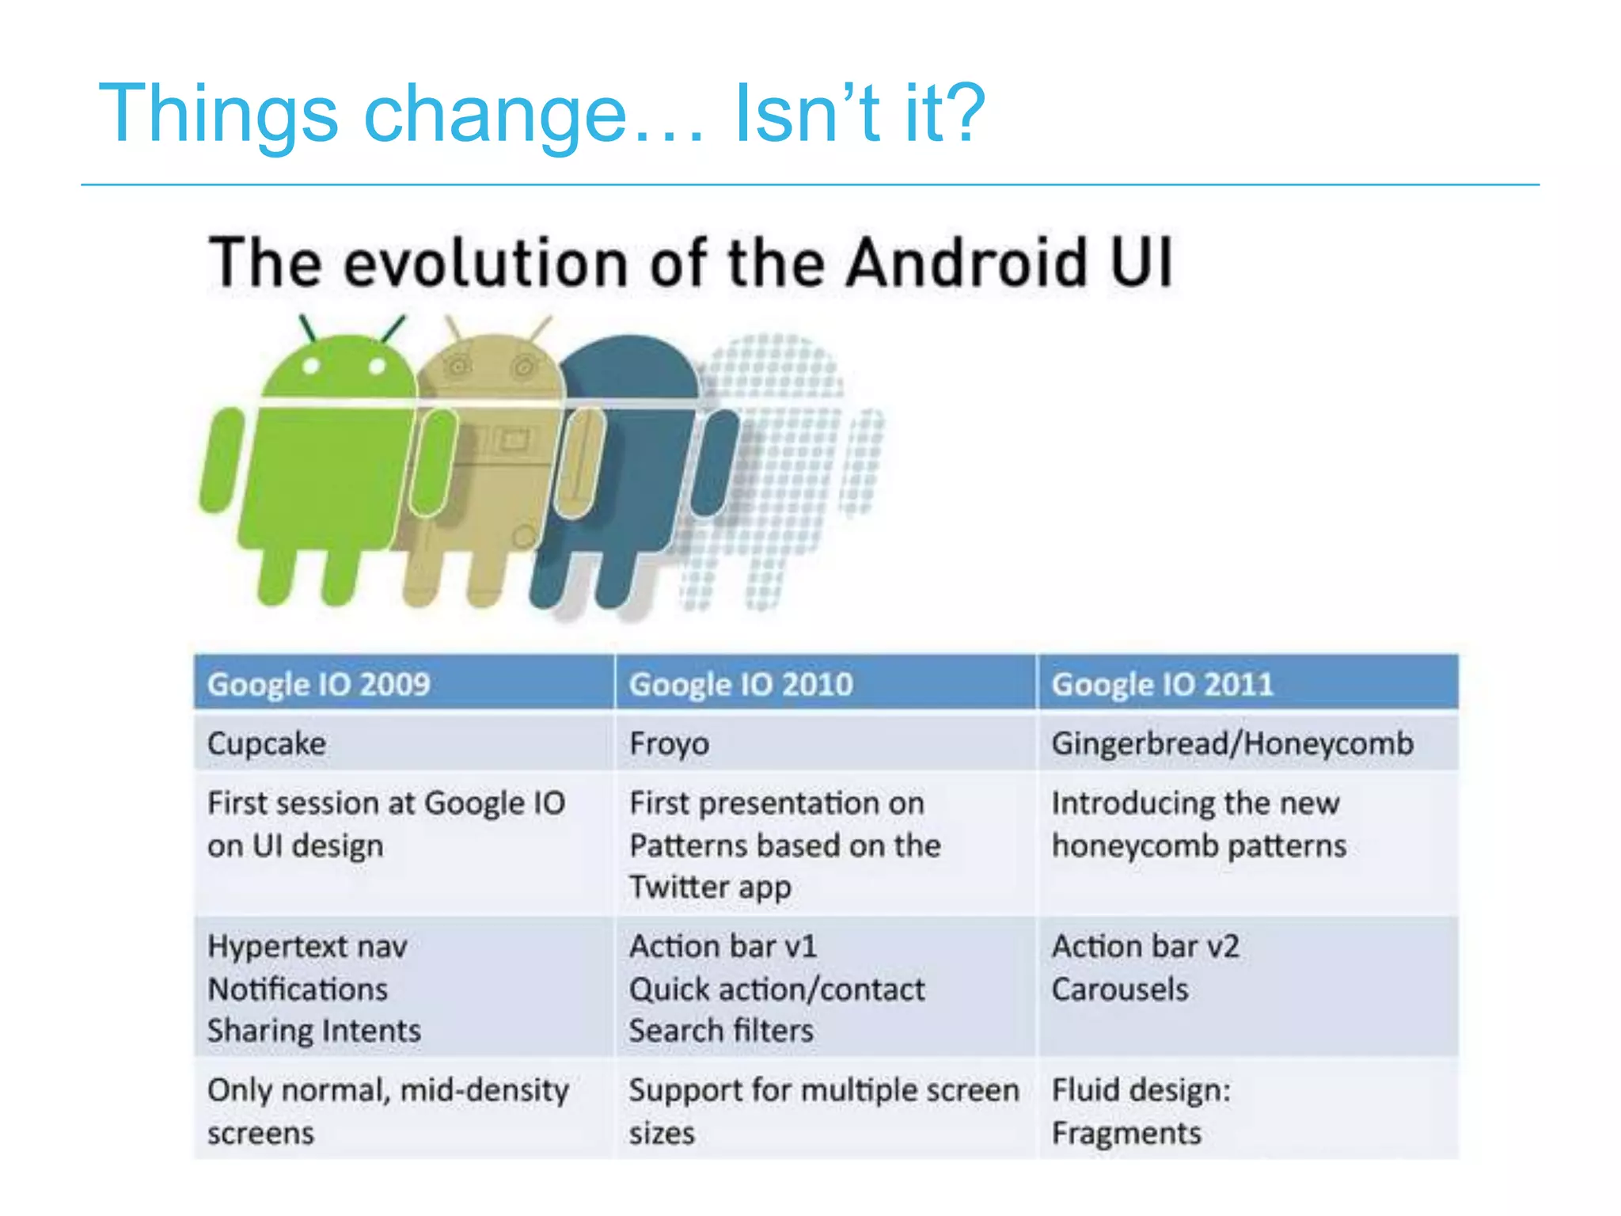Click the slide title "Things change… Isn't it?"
(x=541, y=114)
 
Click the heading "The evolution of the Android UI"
(x=690, y=262)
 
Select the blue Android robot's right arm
(x=715, y=463)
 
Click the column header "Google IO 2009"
(x=318, y=684)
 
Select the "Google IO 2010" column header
(x=741, y=684)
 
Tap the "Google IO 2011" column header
(x=1162, y=684)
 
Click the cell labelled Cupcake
(x=267, y=743)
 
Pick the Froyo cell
(x=670, y=743)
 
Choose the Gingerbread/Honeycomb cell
(x=1232, y=743)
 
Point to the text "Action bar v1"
(x=723, y=947)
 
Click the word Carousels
(x=1120, y=990)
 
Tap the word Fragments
(x=1126, y=1134)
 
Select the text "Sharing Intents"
(x=314, y=1031)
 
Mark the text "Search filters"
(x=721, y=1031)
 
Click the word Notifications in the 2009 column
(x=298, y=990)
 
